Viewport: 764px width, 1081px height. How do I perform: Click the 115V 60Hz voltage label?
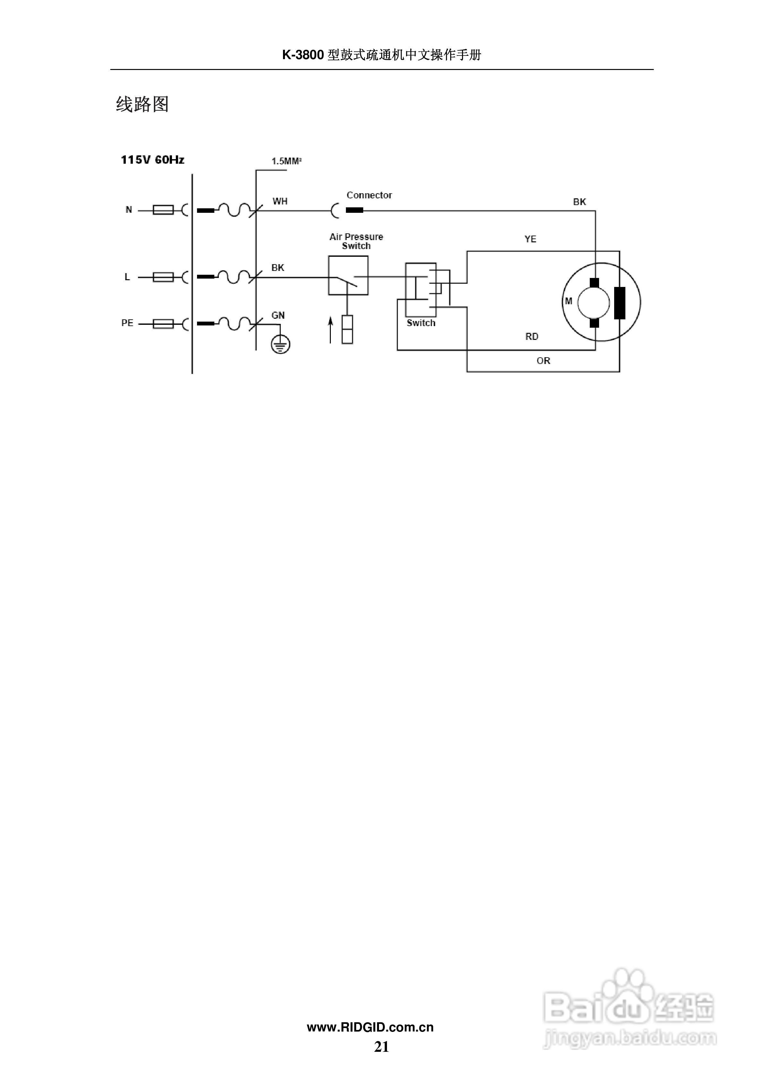(x=152, y=160)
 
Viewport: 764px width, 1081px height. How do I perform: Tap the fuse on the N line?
(x=163, y=210)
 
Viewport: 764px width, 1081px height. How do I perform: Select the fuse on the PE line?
(x=163, y=324)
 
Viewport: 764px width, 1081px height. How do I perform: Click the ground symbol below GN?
(x=280, y=345)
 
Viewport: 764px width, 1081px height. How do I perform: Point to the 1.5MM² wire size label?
(x=286, y=161)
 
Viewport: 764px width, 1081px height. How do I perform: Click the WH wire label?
(x=280, y=202)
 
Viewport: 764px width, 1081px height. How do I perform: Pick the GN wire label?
(x=278, y=316)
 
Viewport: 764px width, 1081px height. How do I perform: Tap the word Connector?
(x=369, y=195)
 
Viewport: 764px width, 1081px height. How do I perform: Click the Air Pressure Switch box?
(x=348, y=275)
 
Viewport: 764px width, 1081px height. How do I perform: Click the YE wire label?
(x=530, y=239)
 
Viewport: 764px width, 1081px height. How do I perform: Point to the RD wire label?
(x=532, y=337)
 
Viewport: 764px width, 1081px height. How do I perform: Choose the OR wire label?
(x=543, y=361)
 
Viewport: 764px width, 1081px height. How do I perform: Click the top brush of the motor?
(x=595, y=282)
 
